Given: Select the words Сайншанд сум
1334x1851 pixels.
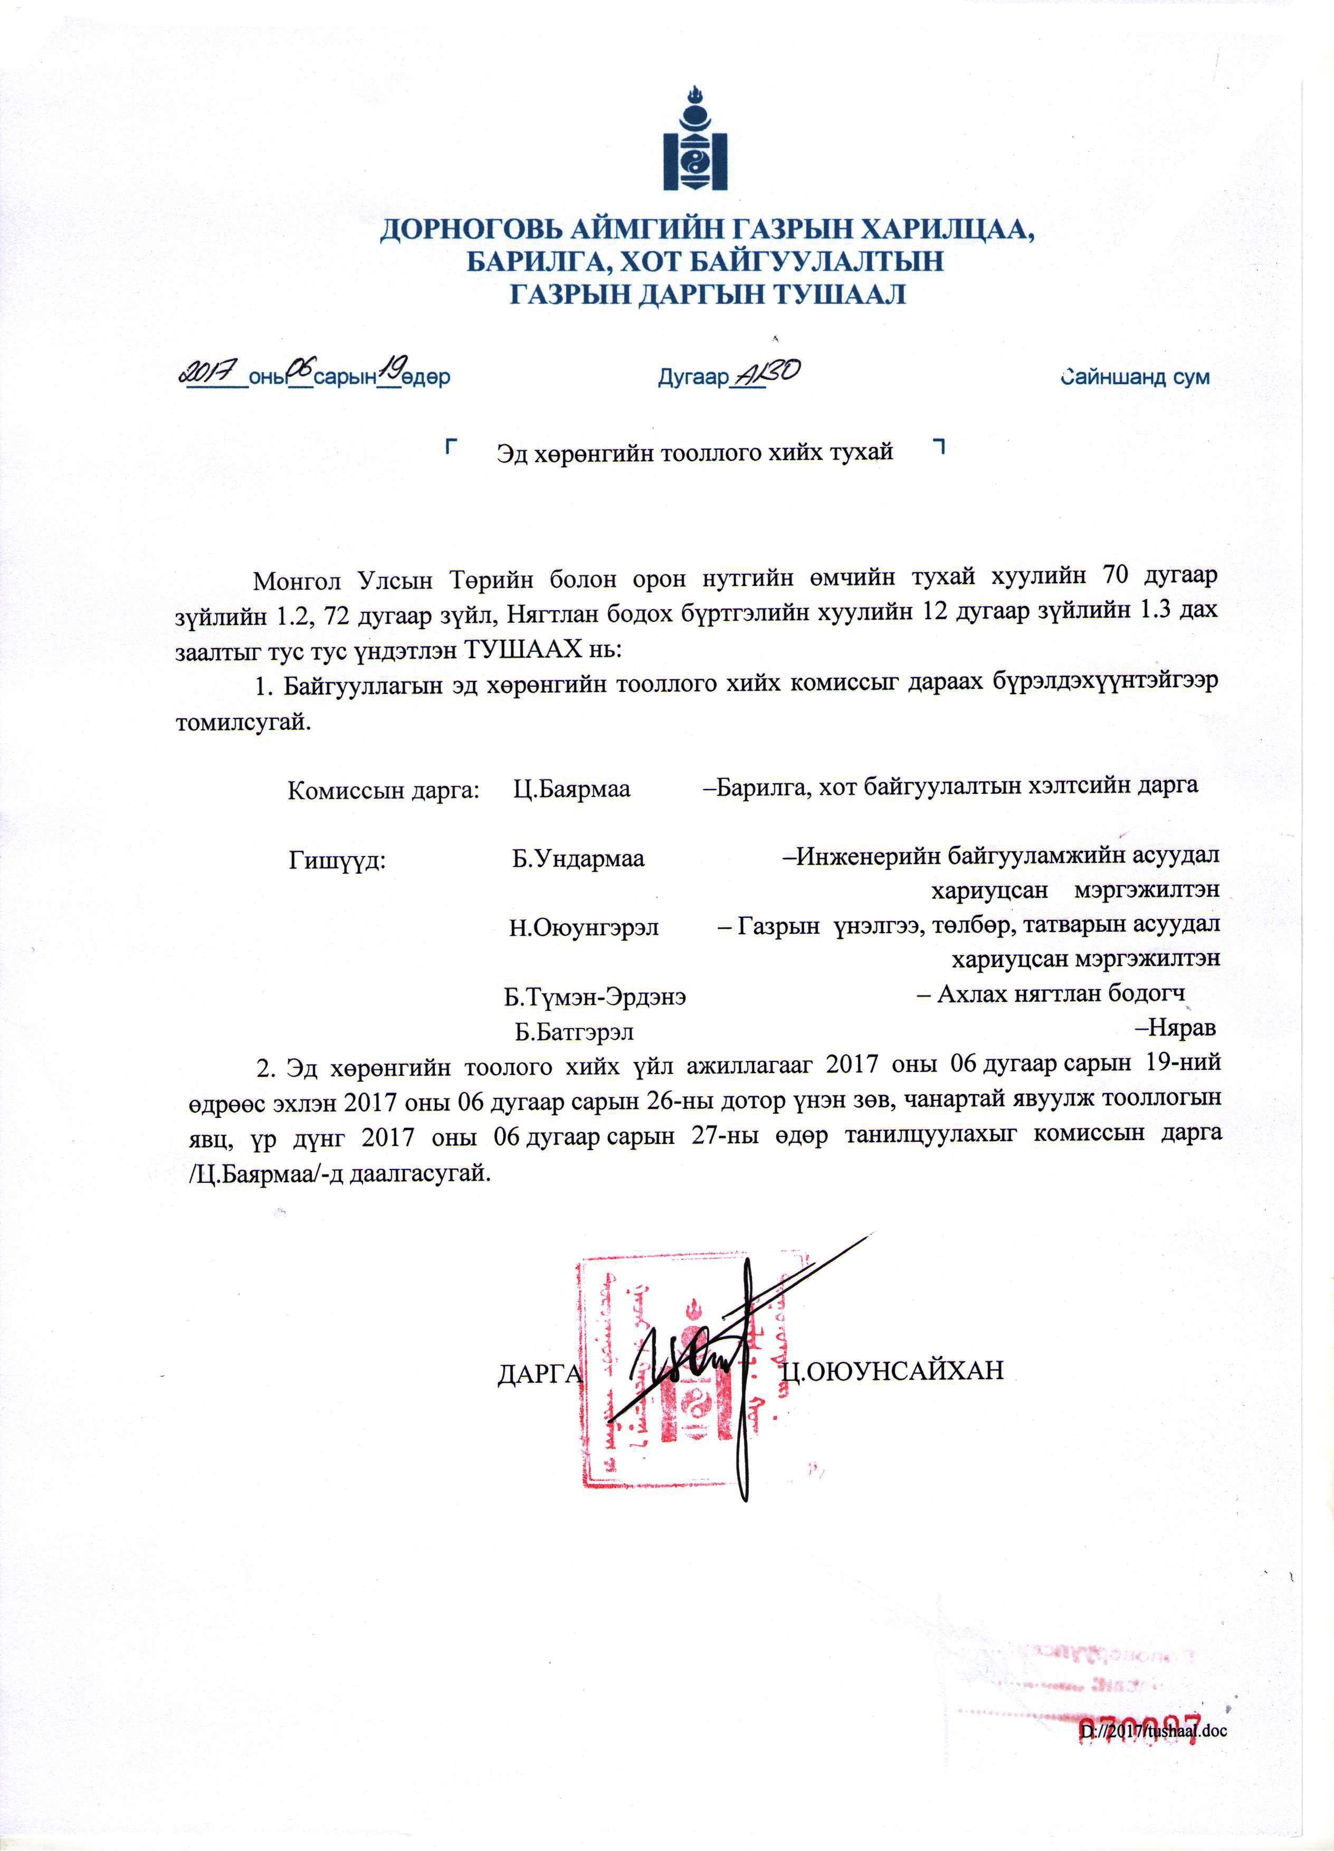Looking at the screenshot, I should [x=1135, y=377].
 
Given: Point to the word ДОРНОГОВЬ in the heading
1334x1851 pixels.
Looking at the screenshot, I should [x=472, y=230].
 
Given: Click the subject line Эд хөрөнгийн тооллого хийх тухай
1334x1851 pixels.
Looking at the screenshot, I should [x=694, y=452].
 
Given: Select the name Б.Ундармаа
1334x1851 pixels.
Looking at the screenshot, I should [x=578, y=859].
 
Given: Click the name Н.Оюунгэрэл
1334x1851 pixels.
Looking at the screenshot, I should [x=584, y=928].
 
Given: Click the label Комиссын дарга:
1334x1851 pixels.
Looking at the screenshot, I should [x=383, y=790].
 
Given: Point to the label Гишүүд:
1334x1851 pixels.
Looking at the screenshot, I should [x=337, y=859].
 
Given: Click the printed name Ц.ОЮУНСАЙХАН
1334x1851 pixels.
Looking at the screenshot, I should [x=893, y=1370].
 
